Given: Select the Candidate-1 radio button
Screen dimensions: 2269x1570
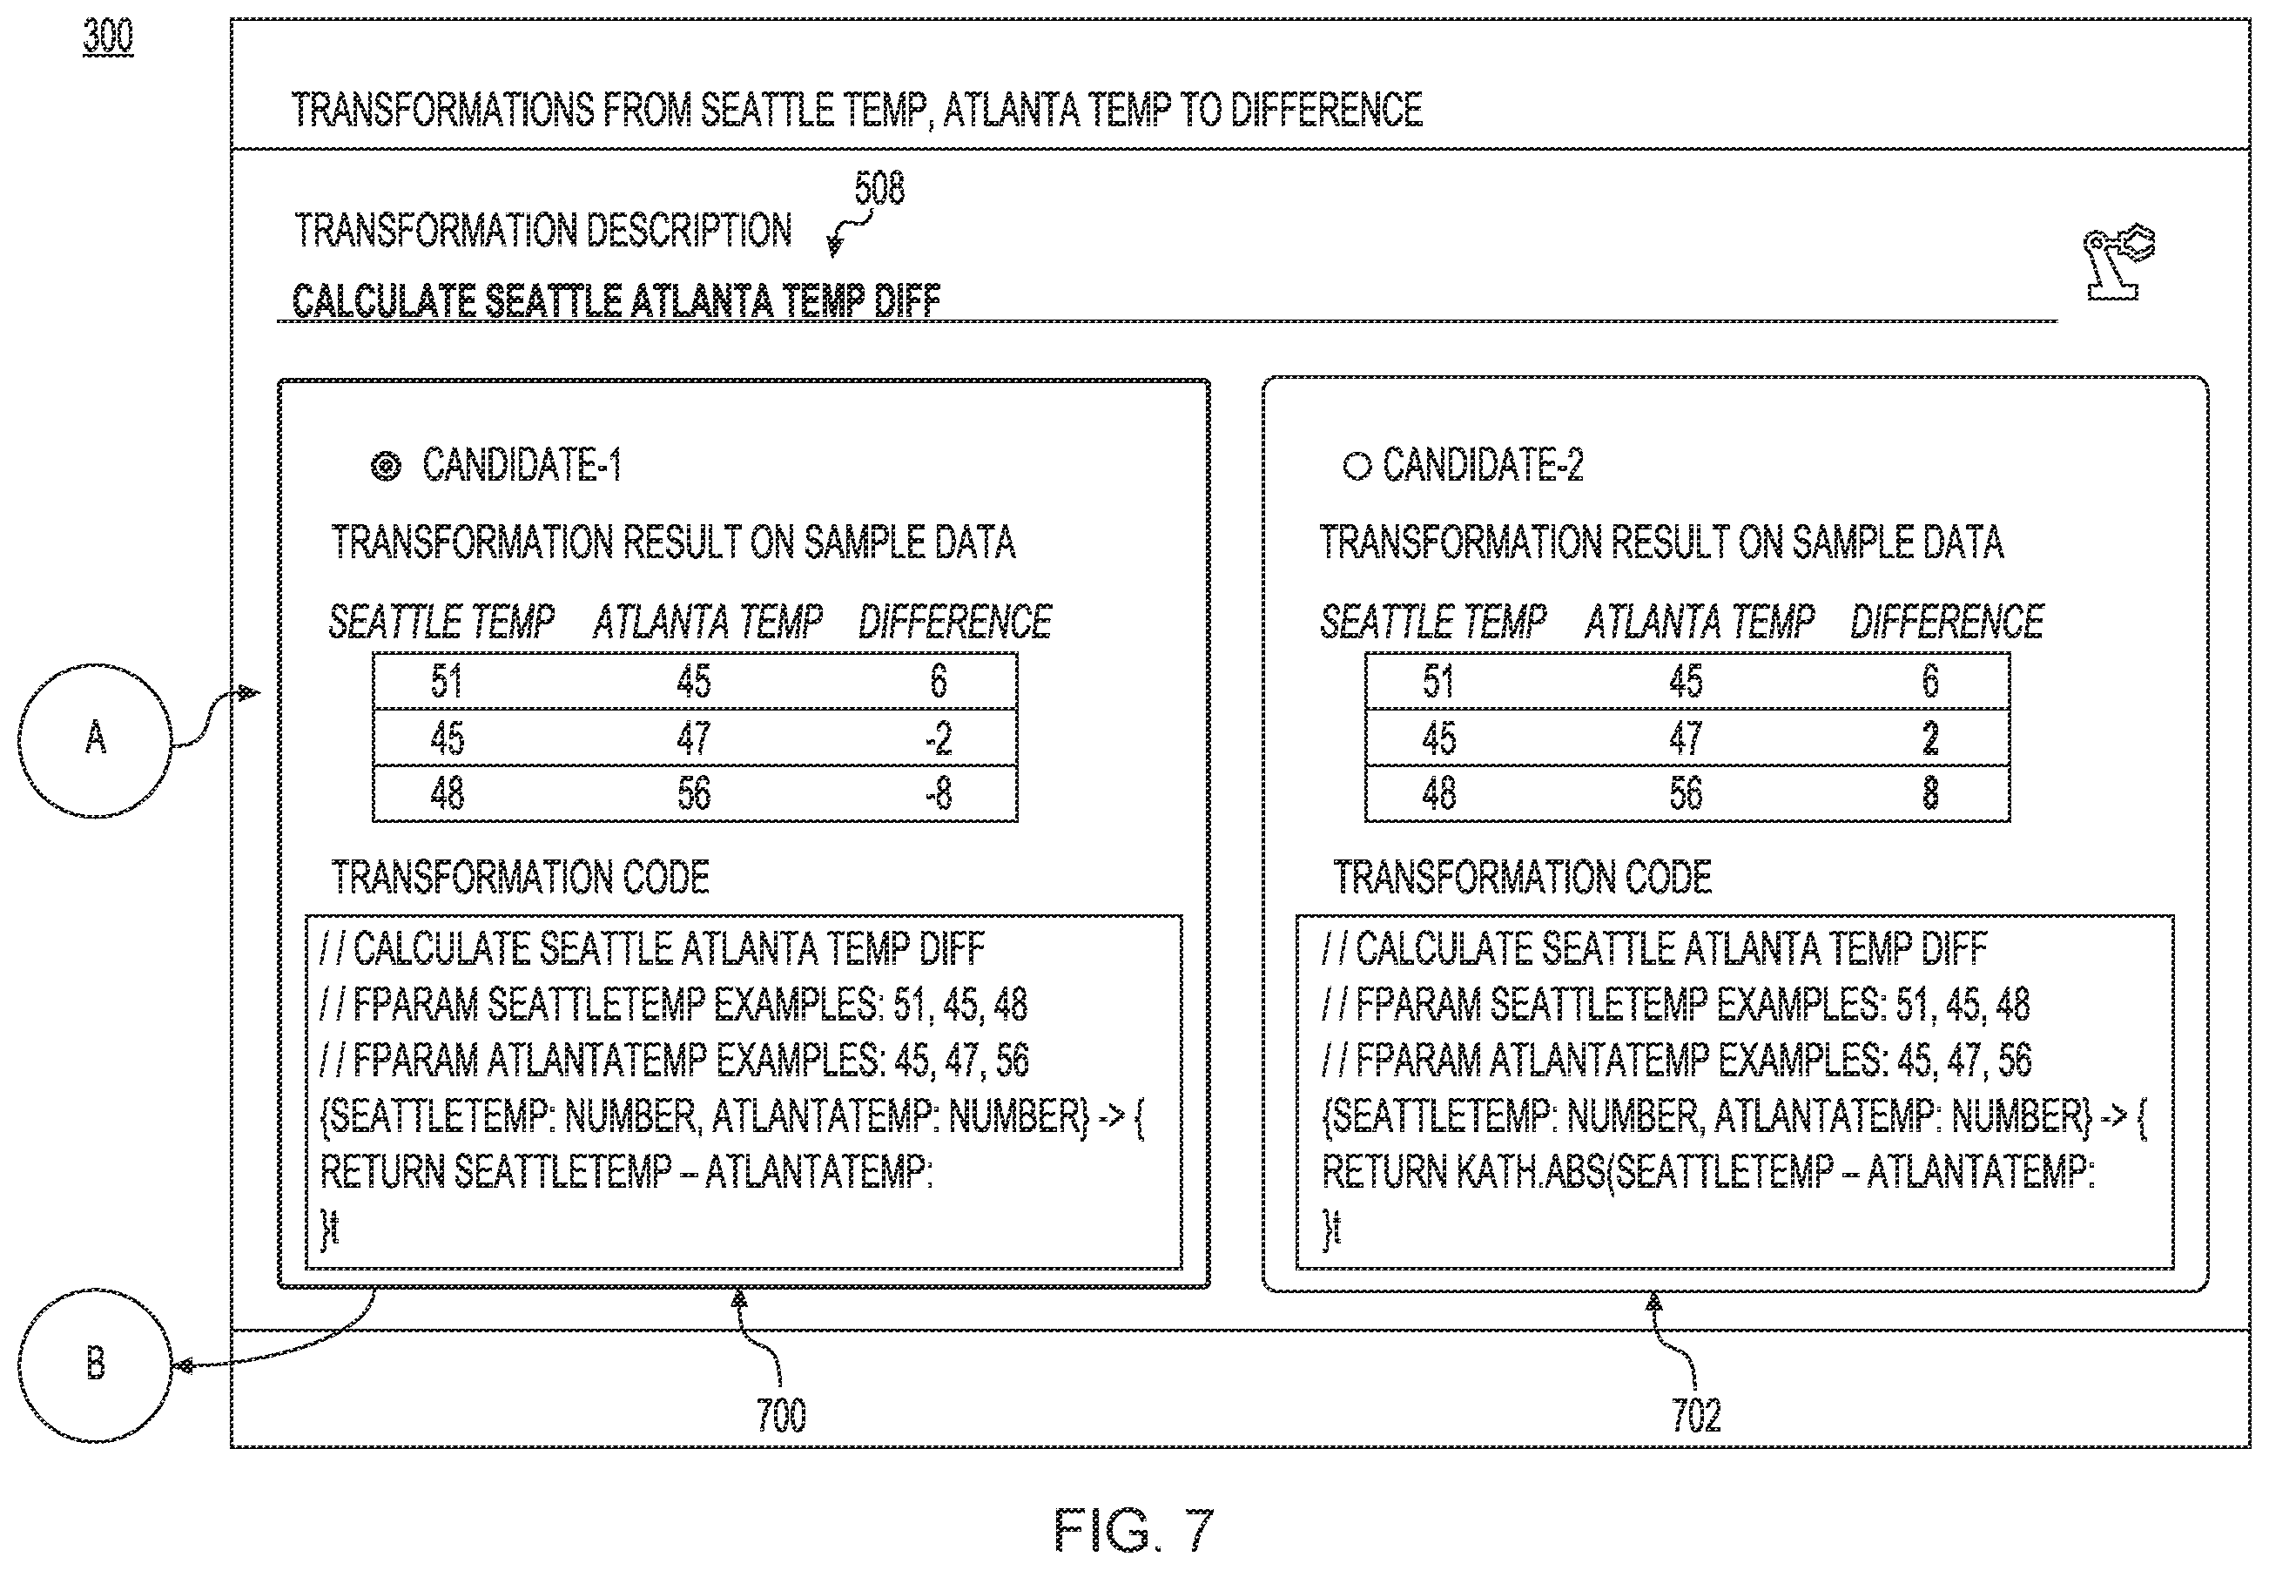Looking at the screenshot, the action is click(x=386, y=465).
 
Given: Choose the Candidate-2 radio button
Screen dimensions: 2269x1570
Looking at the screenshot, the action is click(x=1357, y=465).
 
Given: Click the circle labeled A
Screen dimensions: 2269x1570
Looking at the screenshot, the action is click(x=96, y=740).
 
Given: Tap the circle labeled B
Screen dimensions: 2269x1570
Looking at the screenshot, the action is click(x=96, y=1364).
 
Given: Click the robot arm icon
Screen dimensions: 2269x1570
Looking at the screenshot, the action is click(x=2118, y=263).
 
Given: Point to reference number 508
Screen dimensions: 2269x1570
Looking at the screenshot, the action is click(x=879, y=188).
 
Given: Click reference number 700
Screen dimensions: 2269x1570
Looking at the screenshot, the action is click(x=781, y=1416).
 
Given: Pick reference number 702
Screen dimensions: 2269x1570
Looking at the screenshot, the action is click(x=1695, y=1416).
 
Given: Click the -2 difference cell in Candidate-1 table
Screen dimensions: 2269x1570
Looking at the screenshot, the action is click(x=939, y=738).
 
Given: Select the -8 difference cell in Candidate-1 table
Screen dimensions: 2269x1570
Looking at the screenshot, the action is click(x=939, y=793).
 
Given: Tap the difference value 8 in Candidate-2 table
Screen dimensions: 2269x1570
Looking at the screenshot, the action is click(x=1930, y=793).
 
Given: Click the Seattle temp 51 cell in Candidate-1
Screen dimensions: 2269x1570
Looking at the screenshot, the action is click(x=447, y=681).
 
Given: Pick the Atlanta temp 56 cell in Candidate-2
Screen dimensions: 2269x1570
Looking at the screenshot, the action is click(x=1686, y=793).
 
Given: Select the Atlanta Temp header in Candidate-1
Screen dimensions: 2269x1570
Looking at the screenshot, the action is click(x=707, y=622).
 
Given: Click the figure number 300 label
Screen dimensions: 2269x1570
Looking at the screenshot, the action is click(x=108, y=37).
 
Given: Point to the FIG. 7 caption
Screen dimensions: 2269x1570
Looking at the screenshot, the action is click(x=1133, y=1530).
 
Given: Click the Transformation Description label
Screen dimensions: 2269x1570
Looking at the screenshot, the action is click(x=543, y=230).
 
